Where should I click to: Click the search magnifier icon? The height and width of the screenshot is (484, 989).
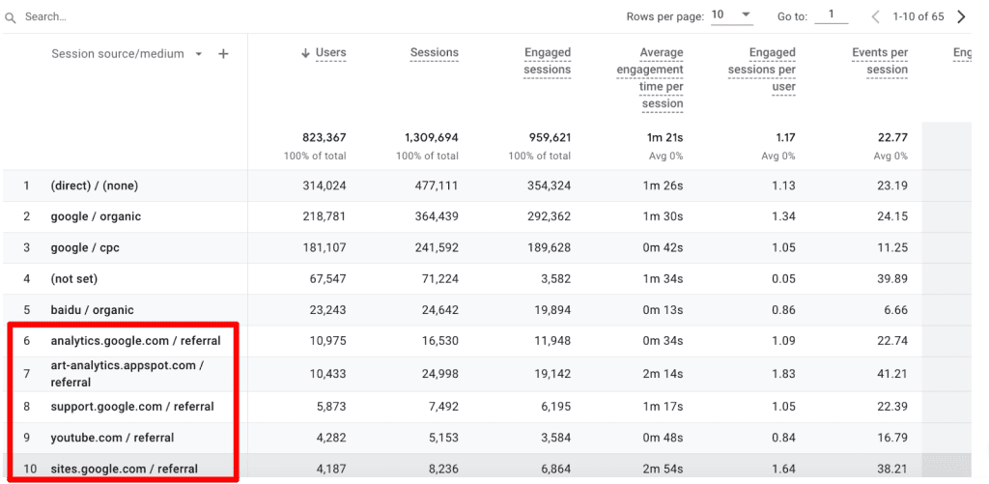pyautogui.click(x=12, y=16)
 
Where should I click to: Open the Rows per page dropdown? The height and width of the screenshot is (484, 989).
pyautogui.click(x=731, y=15)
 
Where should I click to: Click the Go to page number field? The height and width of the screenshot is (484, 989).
pyautogui.click(x=831, y=15)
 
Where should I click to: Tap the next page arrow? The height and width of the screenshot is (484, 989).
pyautogui.click(x=961, y=16)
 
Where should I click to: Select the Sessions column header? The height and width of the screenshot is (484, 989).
pyautogui.click(x=434, y=53)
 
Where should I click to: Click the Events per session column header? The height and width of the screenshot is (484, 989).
pyautogui.click(x=880, y=61)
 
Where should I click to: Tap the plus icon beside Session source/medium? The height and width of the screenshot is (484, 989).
pyautogui.click(x=223, y=54)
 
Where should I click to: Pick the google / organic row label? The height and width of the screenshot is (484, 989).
pyautogui.click(x=96, y=216)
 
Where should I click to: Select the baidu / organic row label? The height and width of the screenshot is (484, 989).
pyautogui.click(x=92, y=310)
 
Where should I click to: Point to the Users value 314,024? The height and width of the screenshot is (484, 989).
pyautogui.click(x=324, y=185)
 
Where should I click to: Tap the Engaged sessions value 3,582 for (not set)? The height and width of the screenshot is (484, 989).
pyautogui.click(x=551, y=279)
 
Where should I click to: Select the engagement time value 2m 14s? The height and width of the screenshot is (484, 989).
pyautogui.click(x=664, y=374)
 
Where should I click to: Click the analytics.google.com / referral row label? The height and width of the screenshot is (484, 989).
pyautogui.click(x=135, y=341)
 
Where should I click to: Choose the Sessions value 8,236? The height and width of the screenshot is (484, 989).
pyautogui.click(x=439, y=469)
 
